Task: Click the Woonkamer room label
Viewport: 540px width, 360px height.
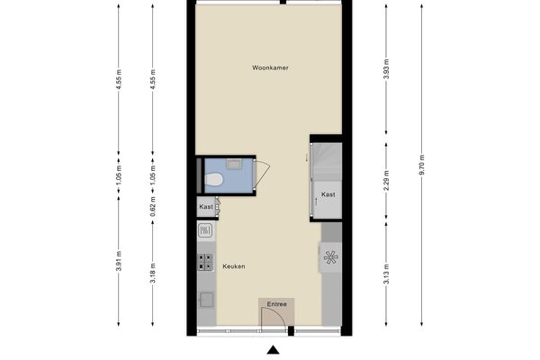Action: click(270, 68)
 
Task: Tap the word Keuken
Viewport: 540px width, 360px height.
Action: click(234, 266)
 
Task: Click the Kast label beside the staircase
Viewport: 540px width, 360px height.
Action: click(328, 194)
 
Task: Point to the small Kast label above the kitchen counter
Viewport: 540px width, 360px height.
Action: click(206, 208)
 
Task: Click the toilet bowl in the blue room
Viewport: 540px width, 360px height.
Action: click(213, 180)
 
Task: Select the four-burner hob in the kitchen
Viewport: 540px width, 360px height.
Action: click(205, 262)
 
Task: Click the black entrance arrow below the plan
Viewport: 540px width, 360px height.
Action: click(273, 350)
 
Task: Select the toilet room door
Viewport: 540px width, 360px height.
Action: click(264, 174)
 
